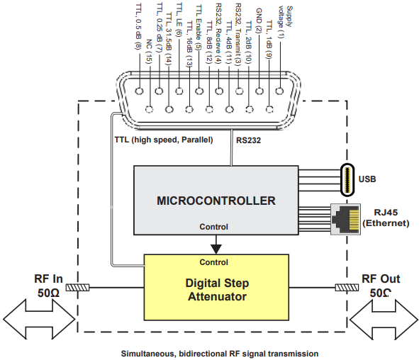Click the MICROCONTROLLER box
pos(216,201)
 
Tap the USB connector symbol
pos(348,179)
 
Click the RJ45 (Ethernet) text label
pos(386,217)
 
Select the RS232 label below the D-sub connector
pos(250,140)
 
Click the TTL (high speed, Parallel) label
pos(163,140)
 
